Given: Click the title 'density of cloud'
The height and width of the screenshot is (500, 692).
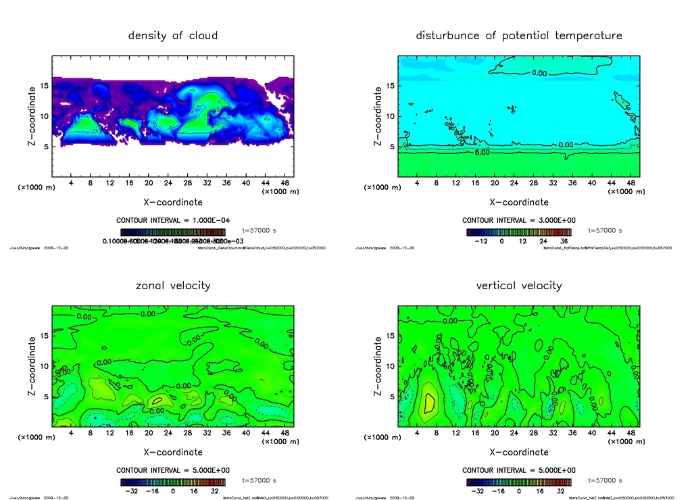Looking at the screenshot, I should tap(173, 35).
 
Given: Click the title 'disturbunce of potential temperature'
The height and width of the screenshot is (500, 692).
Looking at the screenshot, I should tap(519, 35).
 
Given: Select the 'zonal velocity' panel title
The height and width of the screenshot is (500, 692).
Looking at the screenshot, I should tap(173, 285).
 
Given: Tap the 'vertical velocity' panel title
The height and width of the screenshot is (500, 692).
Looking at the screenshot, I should tap(519, 285).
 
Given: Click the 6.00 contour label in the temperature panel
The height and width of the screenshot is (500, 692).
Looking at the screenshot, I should tap(483, 153).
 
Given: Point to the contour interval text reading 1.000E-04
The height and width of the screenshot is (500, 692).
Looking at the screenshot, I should tap(172, 220).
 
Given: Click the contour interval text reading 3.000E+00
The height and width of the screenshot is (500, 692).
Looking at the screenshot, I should tap(518, 220).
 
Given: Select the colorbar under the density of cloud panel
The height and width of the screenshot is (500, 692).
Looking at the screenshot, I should tap(172, 232).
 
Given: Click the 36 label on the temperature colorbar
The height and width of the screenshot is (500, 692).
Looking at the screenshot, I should tap(562, 241).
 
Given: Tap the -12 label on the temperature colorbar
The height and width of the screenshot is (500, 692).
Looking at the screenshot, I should tap(480, 241).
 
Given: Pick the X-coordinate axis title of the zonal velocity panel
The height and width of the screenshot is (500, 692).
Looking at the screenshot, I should tap(173, 452).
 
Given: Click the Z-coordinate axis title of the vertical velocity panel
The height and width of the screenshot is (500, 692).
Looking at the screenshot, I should tap(378, 368).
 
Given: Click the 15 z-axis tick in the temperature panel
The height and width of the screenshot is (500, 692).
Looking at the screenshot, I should tap(390, 86).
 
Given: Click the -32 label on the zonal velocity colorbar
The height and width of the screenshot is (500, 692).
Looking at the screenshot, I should tap(132, 491).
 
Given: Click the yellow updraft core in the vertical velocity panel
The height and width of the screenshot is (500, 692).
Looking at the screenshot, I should tap(429, 403).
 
